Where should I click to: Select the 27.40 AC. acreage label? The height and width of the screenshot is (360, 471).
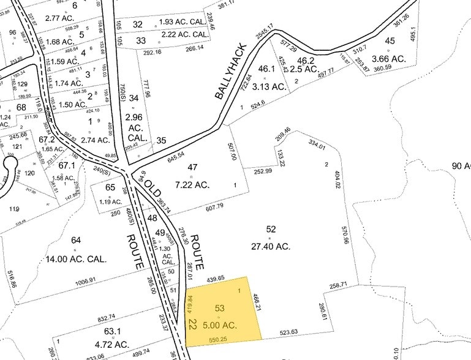(x=271, y=246)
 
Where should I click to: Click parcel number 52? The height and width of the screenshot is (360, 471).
(x=271, y=229)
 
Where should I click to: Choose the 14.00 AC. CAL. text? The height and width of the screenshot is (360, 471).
(x=76, y=259)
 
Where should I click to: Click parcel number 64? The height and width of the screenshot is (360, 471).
(x=76, y=240)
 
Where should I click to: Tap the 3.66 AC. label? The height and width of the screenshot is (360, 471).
(x=390, y=59)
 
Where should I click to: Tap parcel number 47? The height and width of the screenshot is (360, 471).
(x=194, y=167)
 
